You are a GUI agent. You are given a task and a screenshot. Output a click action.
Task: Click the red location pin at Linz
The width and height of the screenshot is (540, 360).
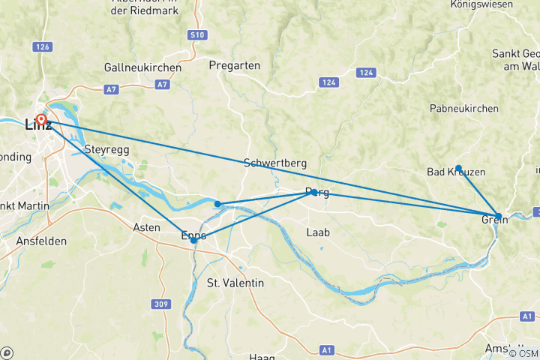pos(41,119)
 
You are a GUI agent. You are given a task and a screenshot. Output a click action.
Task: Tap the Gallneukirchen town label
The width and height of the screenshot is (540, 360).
pos(142,67)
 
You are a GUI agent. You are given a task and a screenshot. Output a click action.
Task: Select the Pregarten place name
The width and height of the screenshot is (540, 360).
pos(235,65)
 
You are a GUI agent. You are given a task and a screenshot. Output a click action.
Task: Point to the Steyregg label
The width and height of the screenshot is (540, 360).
pos(108,149)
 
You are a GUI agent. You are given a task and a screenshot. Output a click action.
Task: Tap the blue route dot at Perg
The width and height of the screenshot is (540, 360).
pos(314,193)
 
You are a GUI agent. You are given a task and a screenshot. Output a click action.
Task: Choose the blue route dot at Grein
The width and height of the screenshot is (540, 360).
pos(498,216)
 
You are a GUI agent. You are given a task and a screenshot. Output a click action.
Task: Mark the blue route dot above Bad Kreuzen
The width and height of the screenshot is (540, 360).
pos(458,168)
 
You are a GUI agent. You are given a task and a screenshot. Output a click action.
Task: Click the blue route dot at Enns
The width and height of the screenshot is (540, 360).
pos(193,240)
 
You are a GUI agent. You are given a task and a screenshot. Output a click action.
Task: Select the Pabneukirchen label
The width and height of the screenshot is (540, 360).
pos(464,109)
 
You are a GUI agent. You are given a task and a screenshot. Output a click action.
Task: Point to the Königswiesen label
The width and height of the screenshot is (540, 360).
pos(496,4)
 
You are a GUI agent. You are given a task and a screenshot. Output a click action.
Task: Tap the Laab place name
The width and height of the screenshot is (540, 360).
pos(318,232)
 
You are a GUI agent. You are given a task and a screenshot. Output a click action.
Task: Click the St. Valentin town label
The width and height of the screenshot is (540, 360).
pos(235,283)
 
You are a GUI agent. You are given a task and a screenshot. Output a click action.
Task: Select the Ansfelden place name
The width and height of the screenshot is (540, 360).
pos(41,241)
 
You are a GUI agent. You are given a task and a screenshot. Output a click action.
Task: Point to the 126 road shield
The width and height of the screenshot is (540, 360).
pos(43,46)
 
